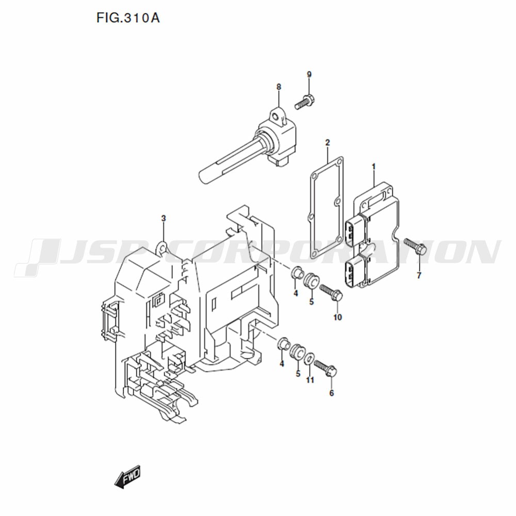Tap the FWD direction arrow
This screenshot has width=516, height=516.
click(127, 476)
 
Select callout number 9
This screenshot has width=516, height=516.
click(309, 74)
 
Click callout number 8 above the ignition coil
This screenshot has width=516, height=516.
click(279, 87)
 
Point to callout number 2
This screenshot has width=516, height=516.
click(328, 142)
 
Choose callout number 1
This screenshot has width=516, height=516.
click(374, 167)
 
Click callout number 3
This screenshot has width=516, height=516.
click(164, 218)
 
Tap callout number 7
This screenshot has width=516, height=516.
click(419, 276)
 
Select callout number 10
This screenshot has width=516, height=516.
click(337, 317)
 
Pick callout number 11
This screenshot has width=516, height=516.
click(310, 380)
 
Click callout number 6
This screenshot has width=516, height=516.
click(331, 393)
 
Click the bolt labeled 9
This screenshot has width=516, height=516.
click(305, 101)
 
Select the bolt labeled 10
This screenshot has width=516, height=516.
click(331, 293)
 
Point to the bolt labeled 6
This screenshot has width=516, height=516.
click(325, 369)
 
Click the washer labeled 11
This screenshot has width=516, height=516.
click(310, 359)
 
